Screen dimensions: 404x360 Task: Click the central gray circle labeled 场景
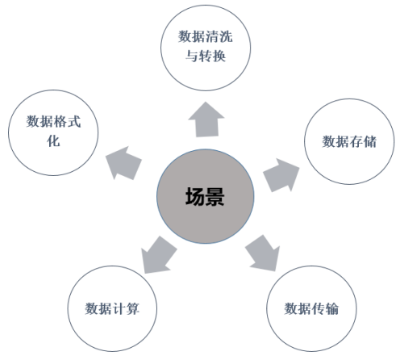[x=206, y=196]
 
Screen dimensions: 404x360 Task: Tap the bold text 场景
[x=205, y=197]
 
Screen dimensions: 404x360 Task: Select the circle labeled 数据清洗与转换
[x=206, y=48]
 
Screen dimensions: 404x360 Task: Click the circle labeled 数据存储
[x=349, y=141]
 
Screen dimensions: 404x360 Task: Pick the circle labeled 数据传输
[x=311, y=308]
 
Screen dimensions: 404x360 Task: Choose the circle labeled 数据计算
[x=112, y=308]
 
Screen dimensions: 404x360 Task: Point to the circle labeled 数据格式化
[x=53, y=132]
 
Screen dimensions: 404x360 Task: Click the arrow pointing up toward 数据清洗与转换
[x=206, y=119]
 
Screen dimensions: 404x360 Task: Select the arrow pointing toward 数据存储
[x=281, y=175]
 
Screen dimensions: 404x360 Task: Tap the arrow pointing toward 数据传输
[x=263, y=253]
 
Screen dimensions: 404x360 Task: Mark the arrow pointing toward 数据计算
[x=159, y=255]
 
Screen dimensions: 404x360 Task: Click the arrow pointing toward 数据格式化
[x=123, y=163]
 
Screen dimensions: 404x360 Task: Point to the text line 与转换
[x=206, y=57]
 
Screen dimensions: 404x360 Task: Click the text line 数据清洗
[x=206, y=36]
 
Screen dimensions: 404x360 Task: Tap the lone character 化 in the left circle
[x=53, y=140]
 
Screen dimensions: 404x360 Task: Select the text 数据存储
[x=349, y=141]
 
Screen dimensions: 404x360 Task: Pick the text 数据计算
[x=112, y=308]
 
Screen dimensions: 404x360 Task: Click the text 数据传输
[x=311, y=308]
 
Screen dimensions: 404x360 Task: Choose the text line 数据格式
[x=53, y=121]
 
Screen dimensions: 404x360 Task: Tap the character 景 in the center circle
[x=214, y=197]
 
